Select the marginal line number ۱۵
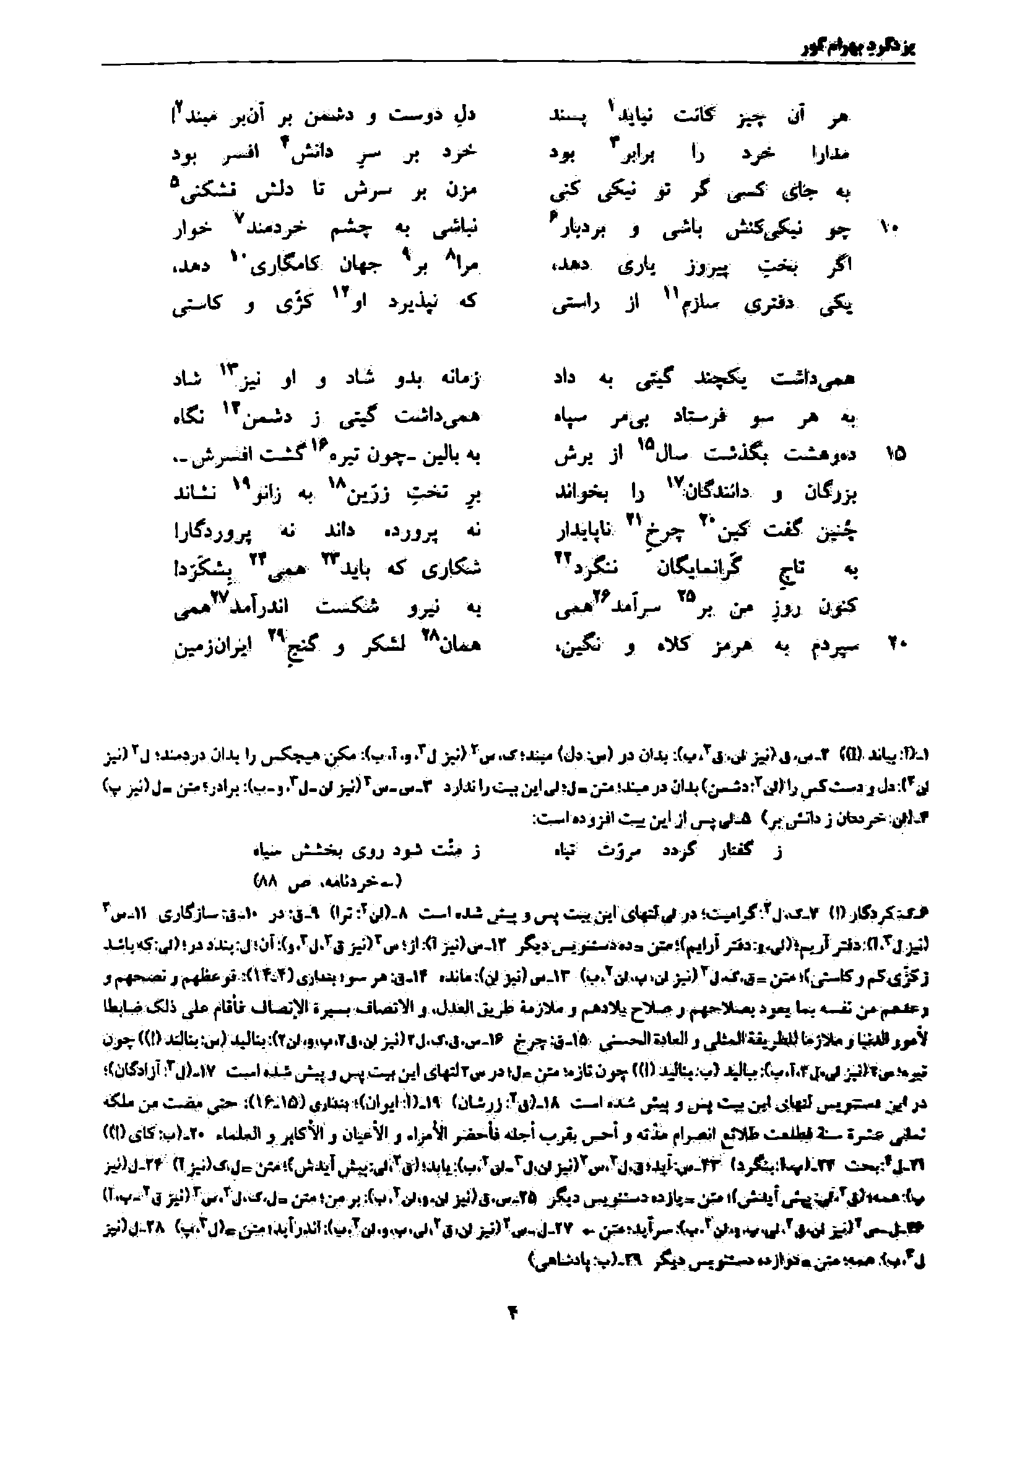point(895,454)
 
